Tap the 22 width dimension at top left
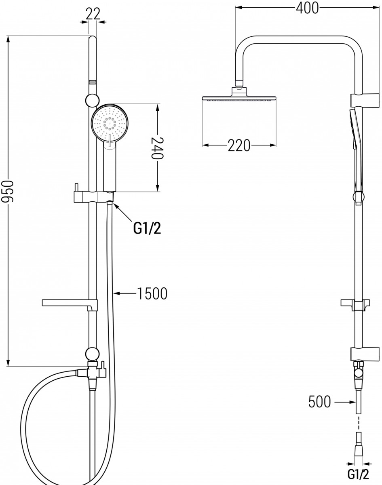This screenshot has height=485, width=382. coord(93,14)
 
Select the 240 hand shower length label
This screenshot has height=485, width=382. coord(157,148)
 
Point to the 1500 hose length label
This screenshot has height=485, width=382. coord(152,293)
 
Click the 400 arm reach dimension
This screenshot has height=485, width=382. coord(307,8)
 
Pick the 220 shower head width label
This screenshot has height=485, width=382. coord(239,145)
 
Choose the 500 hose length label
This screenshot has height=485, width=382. coord(319,401)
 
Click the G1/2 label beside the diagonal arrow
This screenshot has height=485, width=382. coord(147,228)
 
